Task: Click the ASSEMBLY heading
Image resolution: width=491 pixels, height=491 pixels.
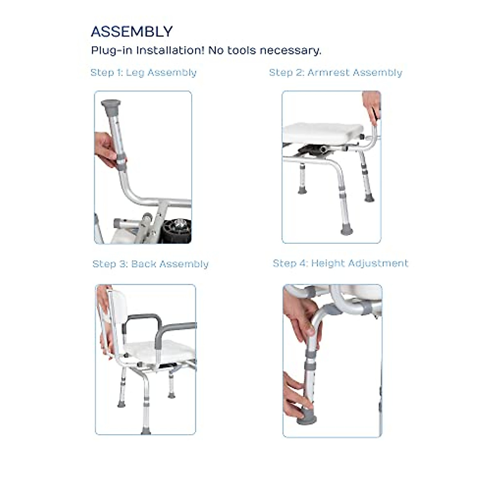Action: click(x=132, y=32)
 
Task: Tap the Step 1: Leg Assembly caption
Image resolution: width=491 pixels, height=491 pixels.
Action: click(x=143, y=73)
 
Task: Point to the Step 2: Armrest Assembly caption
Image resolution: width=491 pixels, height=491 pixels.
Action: click(x=336, y=73)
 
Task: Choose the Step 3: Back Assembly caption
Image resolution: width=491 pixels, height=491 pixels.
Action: click(x=151, y=264)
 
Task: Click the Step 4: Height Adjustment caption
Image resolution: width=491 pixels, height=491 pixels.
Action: click(x=340, y=263)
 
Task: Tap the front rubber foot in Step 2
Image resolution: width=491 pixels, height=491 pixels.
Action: click(x=347, y=231)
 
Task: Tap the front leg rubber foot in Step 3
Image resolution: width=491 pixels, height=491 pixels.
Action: click(x=146, y=430)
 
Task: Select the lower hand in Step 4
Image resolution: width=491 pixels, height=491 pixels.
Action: click(x=295, y=395)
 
